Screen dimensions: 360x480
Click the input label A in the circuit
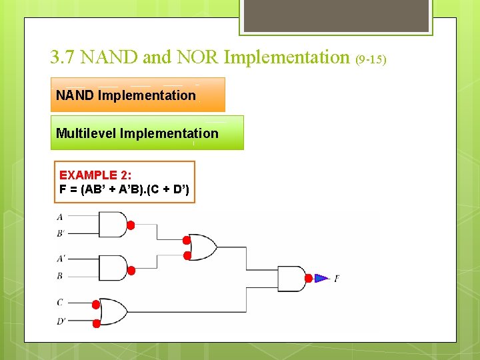tap(60, 217)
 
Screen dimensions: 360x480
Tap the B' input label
tap(61, 234)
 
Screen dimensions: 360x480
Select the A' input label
tap(61, 258)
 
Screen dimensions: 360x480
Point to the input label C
tap(60, 302)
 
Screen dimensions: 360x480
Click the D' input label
tap(61, 321)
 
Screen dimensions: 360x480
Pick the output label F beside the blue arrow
tap(336, 278)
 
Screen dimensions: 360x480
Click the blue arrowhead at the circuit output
tap(321, 278)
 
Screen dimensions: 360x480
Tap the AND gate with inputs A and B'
tap(112, 225)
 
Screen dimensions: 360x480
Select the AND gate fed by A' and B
tap(112, 268)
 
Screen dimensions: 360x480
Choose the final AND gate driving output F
tap(291, 278)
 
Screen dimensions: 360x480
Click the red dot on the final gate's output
tap(308, 278)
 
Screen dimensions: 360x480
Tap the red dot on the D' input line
tap(96, 323)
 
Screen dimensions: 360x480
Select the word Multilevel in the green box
tap(86, 133)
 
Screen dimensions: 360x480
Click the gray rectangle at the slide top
tap(336, 15)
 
